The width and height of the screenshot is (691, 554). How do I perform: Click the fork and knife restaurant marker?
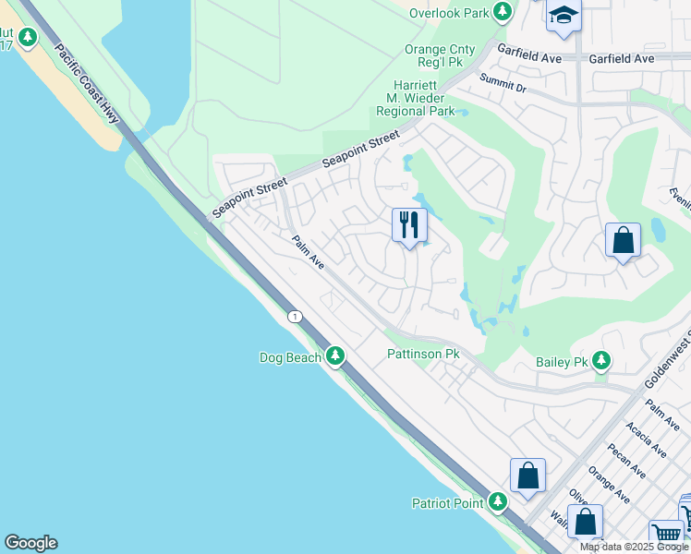click(409, 225)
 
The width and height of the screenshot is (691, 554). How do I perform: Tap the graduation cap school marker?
click(563, 17)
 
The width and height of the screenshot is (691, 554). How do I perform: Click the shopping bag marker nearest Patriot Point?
click(527, 476)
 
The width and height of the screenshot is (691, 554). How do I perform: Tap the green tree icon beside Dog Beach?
click(334, 355)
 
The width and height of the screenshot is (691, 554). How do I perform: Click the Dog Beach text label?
click(289, 356)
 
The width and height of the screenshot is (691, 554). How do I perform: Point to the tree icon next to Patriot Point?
click(498, 502)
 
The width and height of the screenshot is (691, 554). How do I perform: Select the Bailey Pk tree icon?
click(602, 361)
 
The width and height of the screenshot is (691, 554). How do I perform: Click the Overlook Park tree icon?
click(502, 12)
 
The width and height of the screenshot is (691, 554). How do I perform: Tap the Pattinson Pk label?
click(423, 354)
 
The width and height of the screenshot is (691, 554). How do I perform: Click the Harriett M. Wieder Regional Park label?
click(415, 98)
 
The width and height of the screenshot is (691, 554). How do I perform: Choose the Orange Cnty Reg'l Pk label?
click(440, 56)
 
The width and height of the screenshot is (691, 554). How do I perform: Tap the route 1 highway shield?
click(294, 317)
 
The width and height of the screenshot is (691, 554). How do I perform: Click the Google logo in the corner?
click(30, 543)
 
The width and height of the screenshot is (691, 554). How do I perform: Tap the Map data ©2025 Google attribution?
click(634, 547)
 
